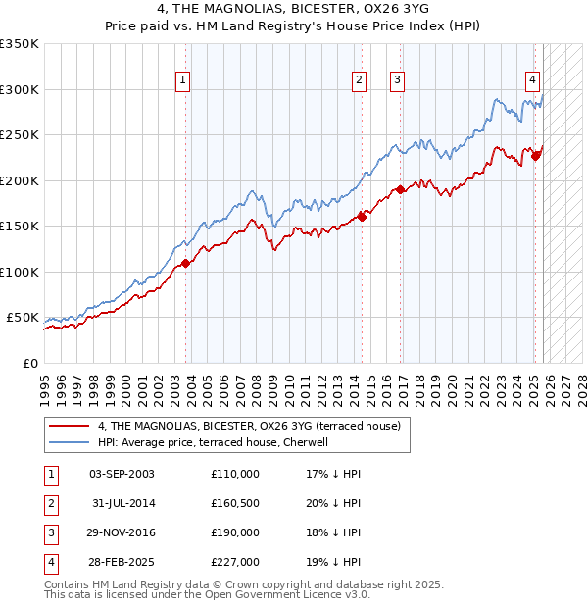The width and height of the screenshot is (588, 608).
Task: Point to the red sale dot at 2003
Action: click(x=185, y=263)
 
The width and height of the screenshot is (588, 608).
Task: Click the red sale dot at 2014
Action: click(x=362, y=217)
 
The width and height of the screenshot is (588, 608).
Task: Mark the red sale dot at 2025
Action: click(x=536, y=155)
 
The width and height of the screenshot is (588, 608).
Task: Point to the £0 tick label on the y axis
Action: click(x=30, y=364)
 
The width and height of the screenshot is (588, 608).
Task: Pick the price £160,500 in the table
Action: click(x=234, y=503)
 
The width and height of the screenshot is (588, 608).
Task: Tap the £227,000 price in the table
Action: click(x=234, y=562)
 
